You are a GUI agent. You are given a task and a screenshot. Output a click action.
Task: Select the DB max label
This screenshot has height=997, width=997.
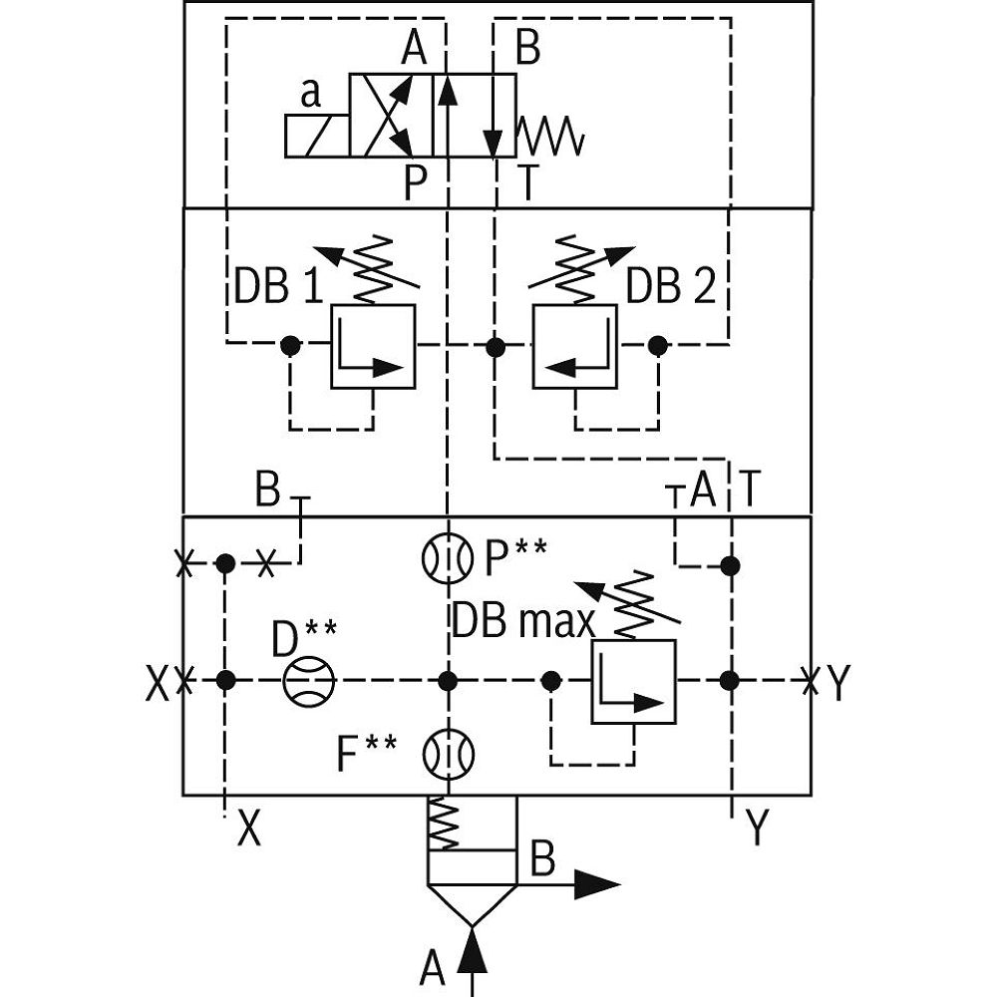tap(523, 621)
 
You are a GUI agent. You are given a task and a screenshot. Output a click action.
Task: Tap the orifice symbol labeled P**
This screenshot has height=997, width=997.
tap(447, 559)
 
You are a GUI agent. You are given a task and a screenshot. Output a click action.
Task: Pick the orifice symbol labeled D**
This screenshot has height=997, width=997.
tap(308, 681)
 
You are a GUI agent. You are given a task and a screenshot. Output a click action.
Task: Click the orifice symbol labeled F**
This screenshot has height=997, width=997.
tap(447, 754)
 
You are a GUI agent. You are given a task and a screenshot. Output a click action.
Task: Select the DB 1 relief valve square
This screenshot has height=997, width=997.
tap(373, 346)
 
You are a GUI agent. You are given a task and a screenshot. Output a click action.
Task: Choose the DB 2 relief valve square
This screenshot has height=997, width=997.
tap(574, 346)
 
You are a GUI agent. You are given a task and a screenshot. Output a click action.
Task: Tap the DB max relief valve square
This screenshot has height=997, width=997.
tap(633, 682)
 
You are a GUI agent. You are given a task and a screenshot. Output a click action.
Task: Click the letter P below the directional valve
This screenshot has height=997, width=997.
tap(416, 182)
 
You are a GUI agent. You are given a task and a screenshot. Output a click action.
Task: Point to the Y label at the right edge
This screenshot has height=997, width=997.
tap(839, 683)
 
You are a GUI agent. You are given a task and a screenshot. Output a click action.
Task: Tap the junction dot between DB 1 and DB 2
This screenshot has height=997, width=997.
tap(495, 347)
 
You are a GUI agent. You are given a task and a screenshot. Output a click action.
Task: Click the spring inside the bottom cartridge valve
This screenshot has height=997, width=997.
tap(445, 825)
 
